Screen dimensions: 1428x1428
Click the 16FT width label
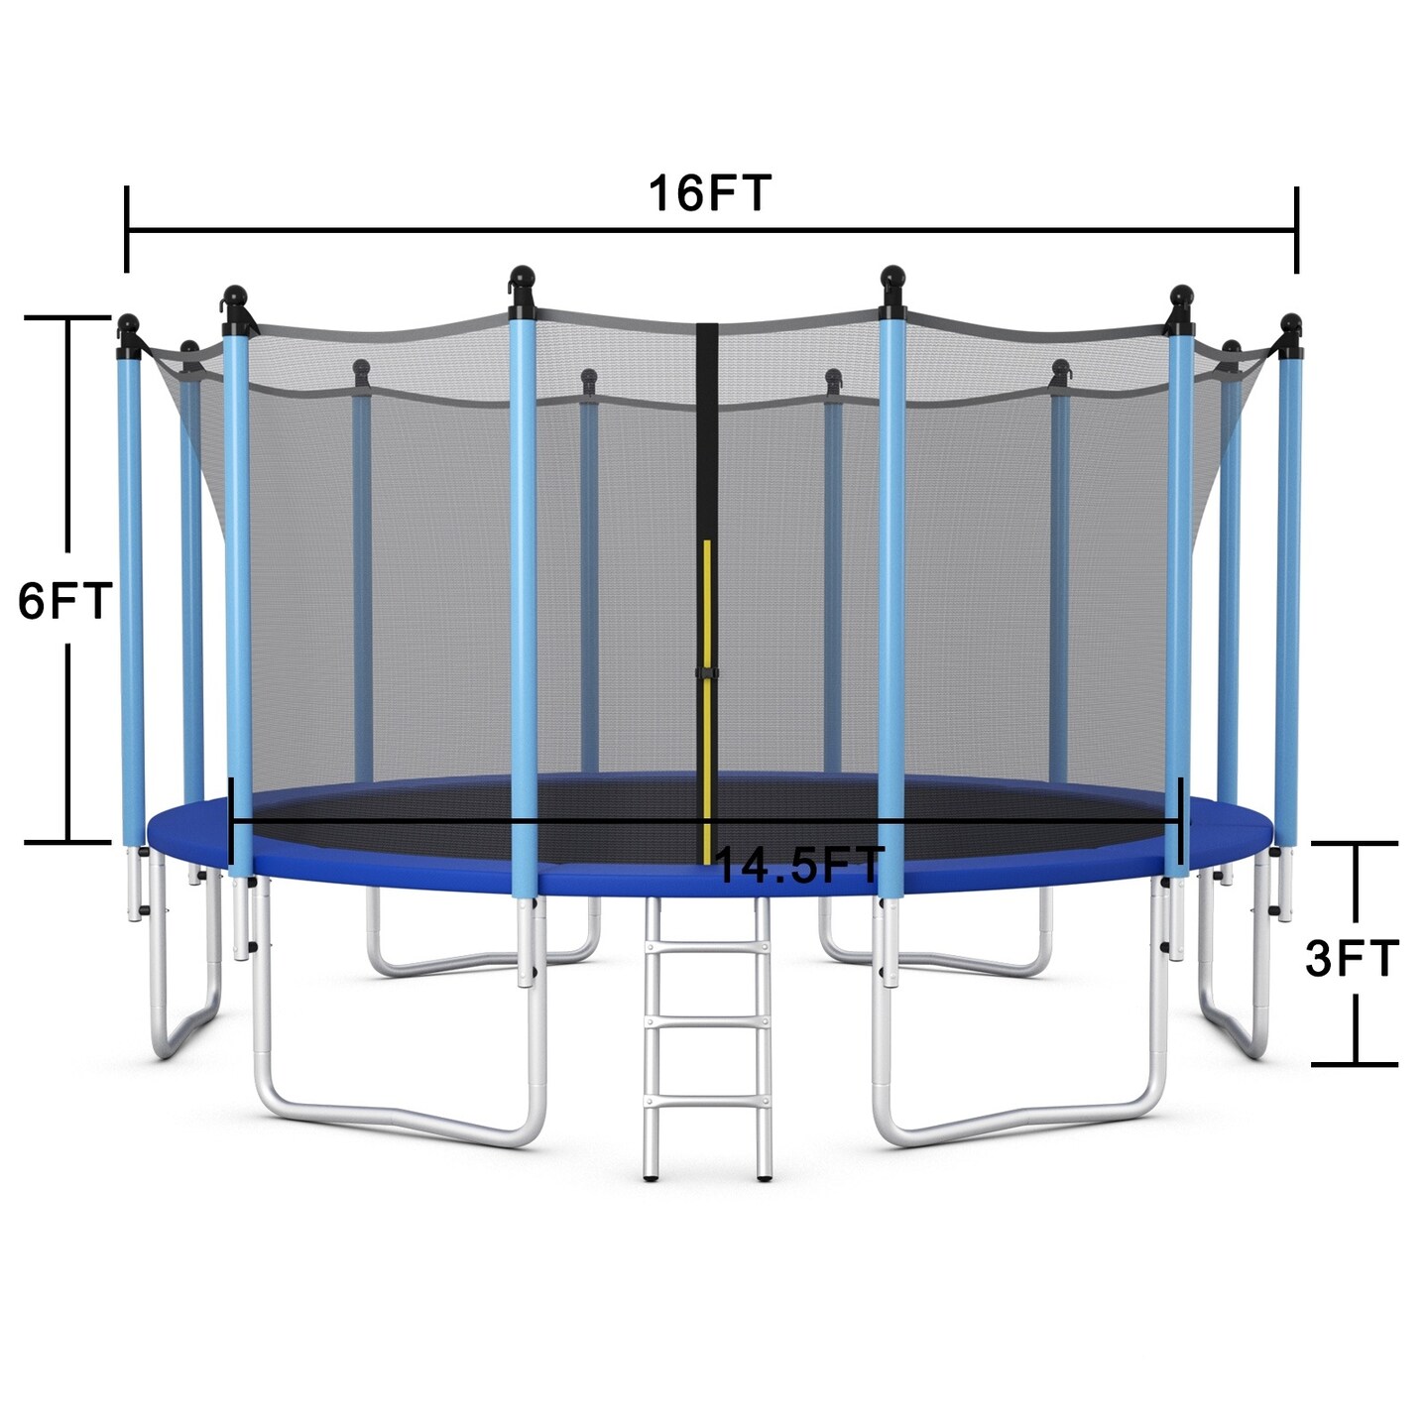(709, 193)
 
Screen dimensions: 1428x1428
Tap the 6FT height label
(64, 601)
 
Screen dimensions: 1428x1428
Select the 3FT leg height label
(1351, 958)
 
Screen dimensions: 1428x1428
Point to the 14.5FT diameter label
(798, 866)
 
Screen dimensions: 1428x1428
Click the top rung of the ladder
(706, 948)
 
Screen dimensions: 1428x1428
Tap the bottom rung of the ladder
(706, 1098)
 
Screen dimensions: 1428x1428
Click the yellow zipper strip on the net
(707, 694)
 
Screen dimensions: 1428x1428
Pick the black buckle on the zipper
(706, 674)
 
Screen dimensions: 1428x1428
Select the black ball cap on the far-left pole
(128, 323)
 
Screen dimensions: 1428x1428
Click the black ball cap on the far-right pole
(1290, 322)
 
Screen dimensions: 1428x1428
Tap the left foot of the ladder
(651, 1178)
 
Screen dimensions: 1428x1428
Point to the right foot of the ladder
(764, 1178)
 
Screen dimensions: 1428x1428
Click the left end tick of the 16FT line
(127, 229)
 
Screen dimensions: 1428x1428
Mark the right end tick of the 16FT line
(1296, 229)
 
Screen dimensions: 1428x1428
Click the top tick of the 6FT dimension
(67, 317)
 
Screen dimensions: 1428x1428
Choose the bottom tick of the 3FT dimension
(1355, 1064)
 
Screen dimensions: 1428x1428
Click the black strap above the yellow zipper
(706, 426)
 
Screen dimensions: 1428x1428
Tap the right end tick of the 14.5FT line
(1180, 821)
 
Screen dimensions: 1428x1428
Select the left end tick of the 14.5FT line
(231, 821)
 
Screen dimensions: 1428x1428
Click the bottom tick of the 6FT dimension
(67, 842)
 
